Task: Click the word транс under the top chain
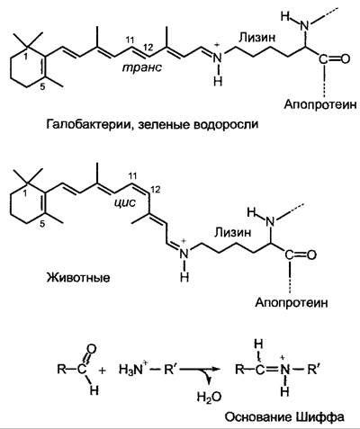[142, 67]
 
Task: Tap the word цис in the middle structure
[125, 203]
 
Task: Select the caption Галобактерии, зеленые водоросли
[152, 124]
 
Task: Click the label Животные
[78, 277]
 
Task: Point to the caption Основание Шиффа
[284, 417]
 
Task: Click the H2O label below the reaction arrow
[209, 397]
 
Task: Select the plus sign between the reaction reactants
[103, 371]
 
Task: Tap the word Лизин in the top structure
[256, 38]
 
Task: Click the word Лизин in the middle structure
[232, 232]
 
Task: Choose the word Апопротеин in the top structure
[320, 104]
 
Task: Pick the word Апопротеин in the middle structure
[292, 302]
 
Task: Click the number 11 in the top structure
[130, 40]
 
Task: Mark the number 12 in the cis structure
[156, 190]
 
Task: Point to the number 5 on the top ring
[42, 87]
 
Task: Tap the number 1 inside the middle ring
[25, 194]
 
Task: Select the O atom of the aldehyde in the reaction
[92, 349]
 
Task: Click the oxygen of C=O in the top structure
[345, 58]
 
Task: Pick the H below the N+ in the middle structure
[184, 277]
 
